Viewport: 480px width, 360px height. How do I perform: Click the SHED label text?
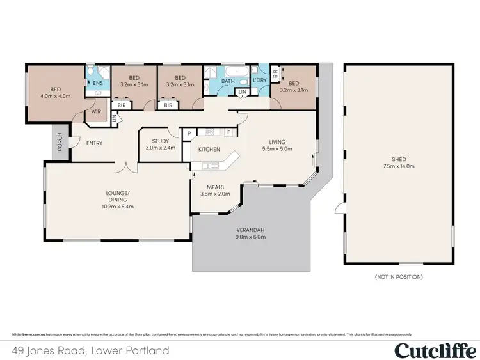pyautogui.click(x=399, y=159)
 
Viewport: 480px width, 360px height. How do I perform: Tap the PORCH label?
pyautogui.click(x=60, y=142)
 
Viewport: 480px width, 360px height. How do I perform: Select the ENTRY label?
pyautogui.click(x=95, y=143)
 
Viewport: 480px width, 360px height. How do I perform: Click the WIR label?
pyautogui.click(x=97, y=111)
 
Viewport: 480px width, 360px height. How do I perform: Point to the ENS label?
pyautogui.click(x=98, y=83)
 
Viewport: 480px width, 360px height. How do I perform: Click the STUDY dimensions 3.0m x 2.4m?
pyautogui.click(x=160, y=148)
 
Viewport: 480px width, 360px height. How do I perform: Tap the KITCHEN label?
pyautogui.click(x=209, y=150)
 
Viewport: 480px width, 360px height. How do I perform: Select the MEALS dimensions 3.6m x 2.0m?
pyautogui.click(x=214, y=194)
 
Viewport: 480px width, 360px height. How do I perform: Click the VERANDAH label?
pyautogui.click(x=251, y=230)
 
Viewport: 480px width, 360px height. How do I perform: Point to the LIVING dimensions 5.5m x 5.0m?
pyautogui.click(x=277, y=148)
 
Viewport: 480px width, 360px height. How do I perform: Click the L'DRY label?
pyautogui.click(x=259, y=81)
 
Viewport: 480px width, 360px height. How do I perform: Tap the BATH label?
pyautogui.click(x=228, y=81)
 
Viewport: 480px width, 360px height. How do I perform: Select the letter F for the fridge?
pyautogui.click(x=228, y=132)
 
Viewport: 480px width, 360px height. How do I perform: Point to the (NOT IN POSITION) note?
pyautogui.click(x=399, y=277)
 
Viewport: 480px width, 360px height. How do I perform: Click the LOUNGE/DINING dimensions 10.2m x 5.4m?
pyautogui.click(x=118, y=207)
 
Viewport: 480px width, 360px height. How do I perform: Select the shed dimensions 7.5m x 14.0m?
pyautogui.click(x=399, y=166)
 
